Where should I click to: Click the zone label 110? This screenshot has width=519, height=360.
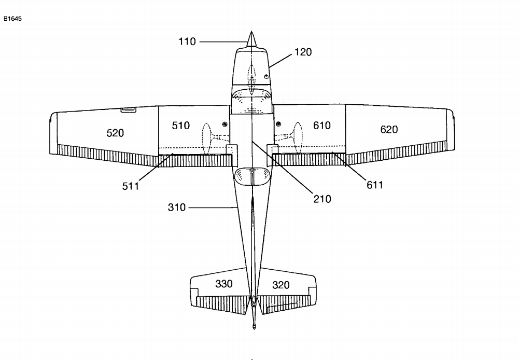(x=187, y=41)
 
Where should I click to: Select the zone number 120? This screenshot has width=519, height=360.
(x=303, y=52)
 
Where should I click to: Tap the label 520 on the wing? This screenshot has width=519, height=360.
(x=115, y=133)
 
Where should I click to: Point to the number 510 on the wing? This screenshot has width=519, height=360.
(x=181, y=126)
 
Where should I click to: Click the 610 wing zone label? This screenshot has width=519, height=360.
(x=321, y=126)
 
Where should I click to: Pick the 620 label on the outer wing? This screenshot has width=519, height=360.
(x=389, y=129)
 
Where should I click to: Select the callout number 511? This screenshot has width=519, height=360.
(x=131, y=186)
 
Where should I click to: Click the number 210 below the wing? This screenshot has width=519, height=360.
(x=322, y=199)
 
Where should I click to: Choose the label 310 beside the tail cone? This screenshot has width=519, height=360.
(x=177, y=208)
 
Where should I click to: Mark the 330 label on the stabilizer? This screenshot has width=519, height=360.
(x=223, y=284)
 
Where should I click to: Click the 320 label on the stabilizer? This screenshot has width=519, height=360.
(x=280, y=285)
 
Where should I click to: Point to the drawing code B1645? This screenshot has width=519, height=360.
(x=12, y=19)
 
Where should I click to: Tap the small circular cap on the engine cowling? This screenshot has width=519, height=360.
(x=266, y=76)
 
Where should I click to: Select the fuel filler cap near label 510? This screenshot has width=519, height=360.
(x=225, y=123)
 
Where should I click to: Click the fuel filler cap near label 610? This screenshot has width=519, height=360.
(x=278, y=123)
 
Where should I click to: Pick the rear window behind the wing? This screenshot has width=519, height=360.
(x=251, y=176)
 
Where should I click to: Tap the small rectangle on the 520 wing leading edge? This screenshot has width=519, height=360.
(x=128, y=109)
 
